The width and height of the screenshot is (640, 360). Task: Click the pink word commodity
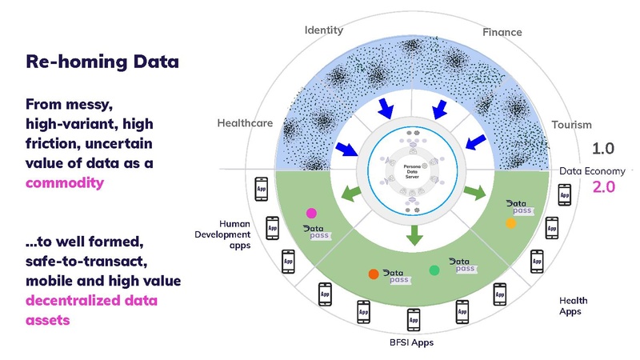(65, 182)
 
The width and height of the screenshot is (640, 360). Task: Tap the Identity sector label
(323, 30)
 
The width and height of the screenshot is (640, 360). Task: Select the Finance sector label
(502, 33)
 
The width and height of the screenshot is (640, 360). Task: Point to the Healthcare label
(245, 123)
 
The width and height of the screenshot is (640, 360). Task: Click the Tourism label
(571, 125)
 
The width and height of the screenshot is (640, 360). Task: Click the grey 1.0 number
(603, 149)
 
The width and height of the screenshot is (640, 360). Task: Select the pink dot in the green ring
(311, 214)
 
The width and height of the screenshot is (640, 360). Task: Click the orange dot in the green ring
(373, 274)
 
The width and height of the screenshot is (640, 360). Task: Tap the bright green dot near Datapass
(434, 270)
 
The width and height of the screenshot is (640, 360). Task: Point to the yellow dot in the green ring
(510, 224)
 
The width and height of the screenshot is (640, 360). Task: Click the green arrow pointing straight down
(414, 235)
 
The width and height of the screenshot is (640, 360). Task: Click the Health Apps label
(570, 306)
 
